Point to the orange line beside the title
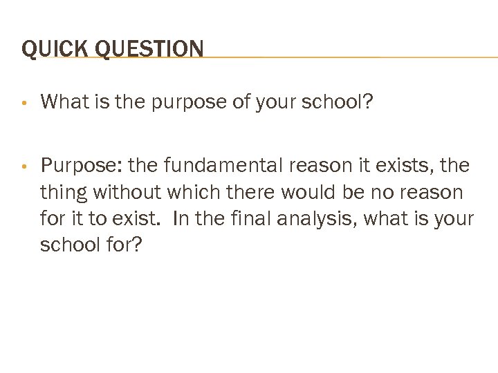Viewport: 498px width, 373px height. [x=346, y=57]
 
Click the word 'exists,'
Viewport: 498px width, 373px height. [x=403, y=166]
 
